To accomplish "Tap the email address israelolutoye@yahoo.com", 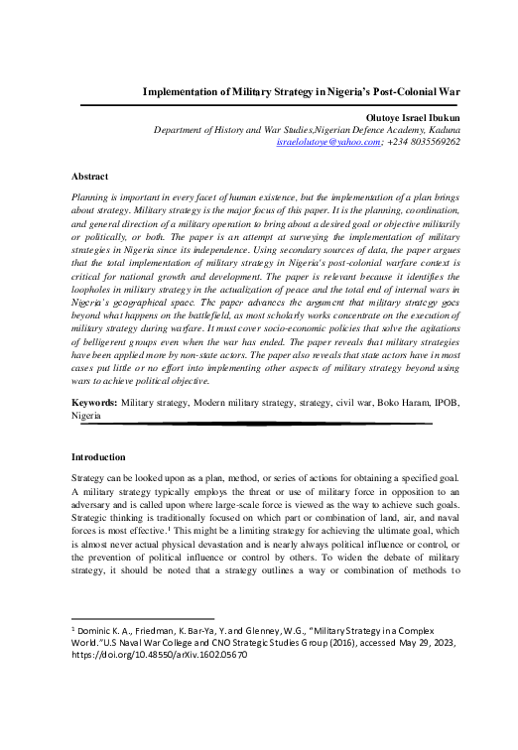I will pos(329,143).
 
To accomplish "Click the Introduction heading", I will pos(98,457).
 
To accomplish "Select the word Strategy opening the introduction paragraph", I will pos(91,478).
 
